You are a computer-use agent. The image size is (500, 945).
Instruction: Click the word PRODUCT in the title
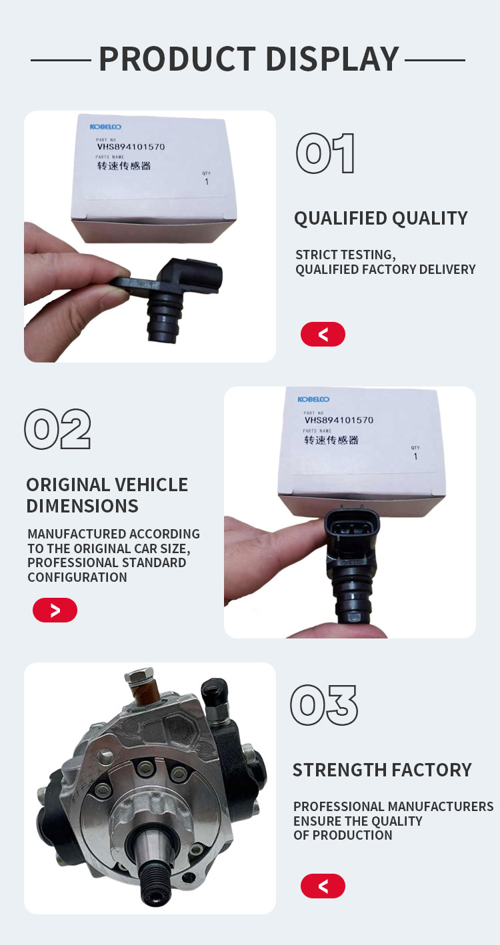click(177, 59)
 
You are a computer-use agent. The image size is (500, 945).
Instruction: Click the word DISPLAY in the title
click(333, 59)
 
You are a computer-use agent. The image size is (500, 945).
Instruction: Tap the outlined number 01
click(325, 153)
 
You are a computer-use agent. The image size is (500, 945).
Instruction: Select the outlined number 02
click(57, 429)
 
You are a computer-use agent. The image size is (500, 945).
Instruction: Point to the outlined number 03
click(324, 705)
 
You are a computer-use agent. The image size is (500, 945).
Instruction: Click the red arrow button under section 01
click(323, 334)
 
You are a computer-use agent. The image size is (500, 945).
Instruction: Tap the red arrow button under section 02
click(55, 610)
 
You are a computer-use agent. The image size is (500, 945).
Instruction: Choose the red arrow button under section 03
click(323, 886)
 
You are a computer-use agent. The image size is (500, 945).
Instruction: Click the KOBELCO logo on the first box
click(105, 127)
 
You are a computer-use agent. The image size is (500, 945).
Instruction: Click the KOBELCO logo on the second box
click(313, 399)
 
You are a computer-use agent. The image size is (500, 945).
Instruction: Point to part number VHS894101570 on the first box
click(131, 147)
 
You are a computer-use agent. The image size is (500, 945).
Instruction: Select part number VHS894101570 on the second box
click(339, 420)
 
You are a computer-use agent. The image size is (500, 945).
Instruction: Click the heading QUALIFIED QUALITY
click(381, 219)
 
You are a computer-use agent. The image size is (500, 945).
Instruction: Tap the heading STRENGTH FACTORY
click(382, 770)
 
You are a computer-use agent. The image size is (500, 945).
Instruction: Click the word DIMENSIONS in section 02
click(82, 506)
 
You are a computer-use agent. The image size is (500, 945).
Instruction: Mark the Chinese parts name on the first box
click(123, 166)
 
